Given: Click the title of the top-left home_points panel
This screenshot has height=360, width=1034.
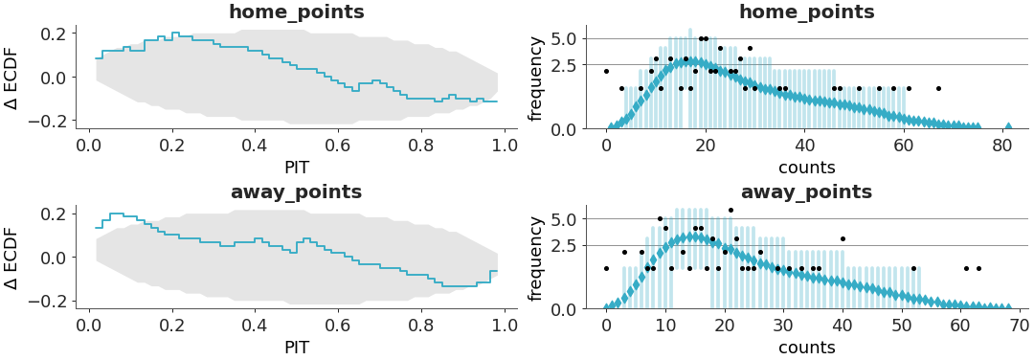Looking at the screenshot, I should [296, 12].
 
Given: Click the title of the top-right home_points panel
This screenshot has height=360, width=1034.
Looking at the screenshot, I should [806, 12].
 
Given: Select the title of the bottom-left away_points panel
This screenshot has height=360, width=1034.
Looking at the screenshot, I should [296, 192].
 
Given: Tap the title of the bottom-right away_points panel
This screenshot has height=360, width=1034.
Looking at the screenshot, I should [806, 192].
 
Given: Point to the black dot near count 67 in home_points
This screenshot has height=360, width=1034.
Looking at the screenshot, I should [938, 88].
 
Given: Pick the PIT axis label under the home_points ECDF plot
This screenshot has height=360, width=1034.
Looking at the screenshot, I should [296, 167].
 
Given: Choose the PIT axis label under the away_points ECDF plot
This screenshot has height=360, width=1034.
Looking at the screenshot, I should [296, 348].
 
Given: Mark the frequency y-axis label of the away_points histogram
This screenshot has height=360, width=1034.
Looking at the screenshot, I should [536, 258].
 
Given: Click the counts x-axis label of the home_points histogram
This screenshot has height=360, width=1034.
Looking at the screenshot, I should [806, 167].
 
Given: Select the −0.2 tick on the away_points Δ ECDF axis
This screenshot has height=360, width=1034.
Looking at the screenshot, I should [54, 301].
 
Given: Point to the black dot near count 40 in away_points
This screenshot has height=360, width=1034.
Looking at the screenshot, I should [843, 238].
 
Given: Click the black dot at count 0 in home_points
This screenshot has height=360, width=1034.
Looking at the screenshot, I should [606, 71].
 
